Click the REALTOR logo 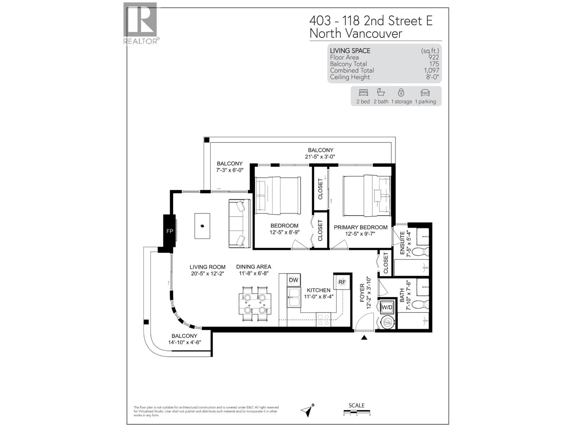140,22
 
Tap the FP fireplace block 169,231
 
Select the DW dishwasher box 293,280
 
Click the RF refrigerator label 342,282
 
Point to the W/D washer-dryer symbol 387,307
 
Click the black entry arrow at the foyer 364,337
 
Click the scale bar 356,412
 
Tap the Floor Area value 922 433,57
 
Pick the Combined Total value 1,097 431,71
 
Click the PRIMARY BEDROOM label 360,227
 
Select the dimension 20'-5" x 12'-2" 207,274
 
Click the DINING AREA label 253,267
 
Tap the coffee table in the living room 202,226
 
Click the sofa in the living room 239,224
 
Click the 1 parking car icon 425,93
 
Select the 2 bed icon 363,93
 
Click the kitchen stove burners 323,320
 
